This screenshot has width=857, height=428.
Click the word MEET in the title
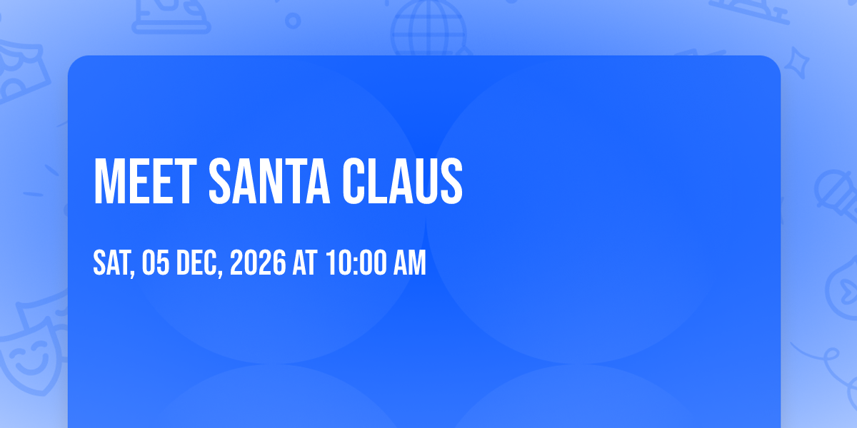click(x=145, y=182)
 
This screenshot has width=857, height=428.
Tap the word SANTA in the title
click(x=269, y=182)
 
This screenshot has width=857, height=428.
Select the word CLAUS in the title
click(x=402, y=182)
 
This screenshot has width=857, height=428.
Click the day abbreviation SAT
click(x=111, y=263)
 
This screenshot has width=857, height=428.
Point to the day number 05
click(x=156, y=263)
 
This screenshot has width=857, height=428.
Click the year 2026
click(x=258, y=263)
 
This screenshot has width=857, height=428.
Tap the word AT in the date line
click(x=305, y=263)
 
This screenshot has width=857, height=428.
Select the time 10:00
click(x=356, y=263)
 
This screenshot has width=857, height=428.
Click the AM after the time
click(x=410, y=263)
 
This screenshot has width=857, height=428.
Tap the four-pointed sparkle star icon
click(x=796, y=63)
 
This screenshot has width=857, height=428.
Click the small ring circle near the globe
click(x=293, y=21)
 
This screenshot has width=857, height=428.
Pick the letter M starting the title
click(x=106, y=182)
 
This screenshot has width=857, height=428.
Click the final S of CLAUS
click(x=451, y=182)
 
